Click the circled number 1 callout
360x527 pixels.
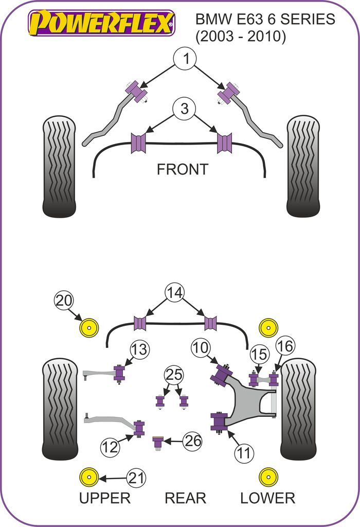click(x=186, y=59)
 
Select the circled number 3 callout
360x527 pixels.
click(x=184, y=109)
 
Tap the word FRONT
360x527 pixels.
click(x=182, y=169)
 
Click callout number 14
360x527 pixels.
click(x=175, y=293)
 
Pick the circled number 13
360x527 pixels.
click(x=139, y=349)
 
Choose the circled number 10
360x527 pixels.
click(x=201, y=348)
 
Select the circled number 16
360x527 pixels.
click(x=286, y=346)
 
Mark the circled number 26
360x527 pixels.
click(x=193, y=441)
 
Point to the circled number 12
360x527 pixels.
click(x=110, y=447)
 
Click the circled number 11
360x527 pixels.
click(x=245, y=452)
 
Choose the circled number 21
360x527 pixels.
click(x=136, y=478)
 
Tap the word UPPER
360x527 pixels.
click(x=104, y=498)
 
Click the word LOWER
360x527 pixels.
click(x=267, y=498)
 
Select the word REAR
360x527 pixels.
click(x=185, y=498)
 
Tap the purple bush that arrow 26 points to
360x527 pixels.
click(x=158, y=442)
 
